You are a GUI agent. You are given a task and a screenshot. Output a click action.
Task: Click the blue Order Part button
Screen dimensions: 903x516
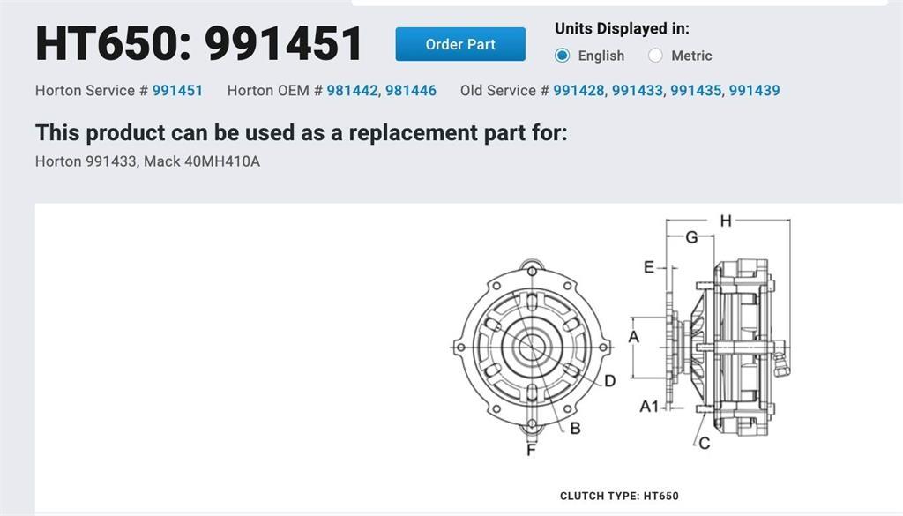460,44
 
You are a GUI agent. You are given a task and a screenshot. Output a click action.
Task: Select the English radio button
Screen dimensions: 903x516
562,56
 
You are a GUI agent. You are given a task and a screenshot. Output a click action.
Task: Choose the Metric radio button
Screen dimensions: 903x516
655,56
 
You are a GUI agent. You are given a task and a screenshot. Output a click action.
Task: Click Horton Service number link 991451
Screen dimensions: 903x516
177,91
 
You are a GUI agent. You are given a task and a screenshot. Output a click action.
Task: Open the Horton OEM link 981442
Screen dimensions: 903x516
352,91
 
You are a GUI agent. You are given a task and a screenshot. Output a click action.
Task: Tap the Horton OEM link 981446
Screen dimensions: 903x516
411,91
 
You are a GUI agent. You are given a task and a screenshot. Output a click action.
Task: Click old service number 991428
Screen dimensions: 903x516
578,91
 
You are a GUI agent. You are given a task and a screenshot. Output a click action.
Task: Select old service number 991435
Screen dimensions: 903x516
696,91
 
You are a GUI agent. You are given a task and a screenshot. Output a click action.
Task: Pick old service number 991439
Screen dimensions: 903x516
755,91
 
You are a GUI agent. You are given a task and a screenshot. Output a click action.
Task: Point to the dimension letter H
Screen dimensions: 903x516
726,221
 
